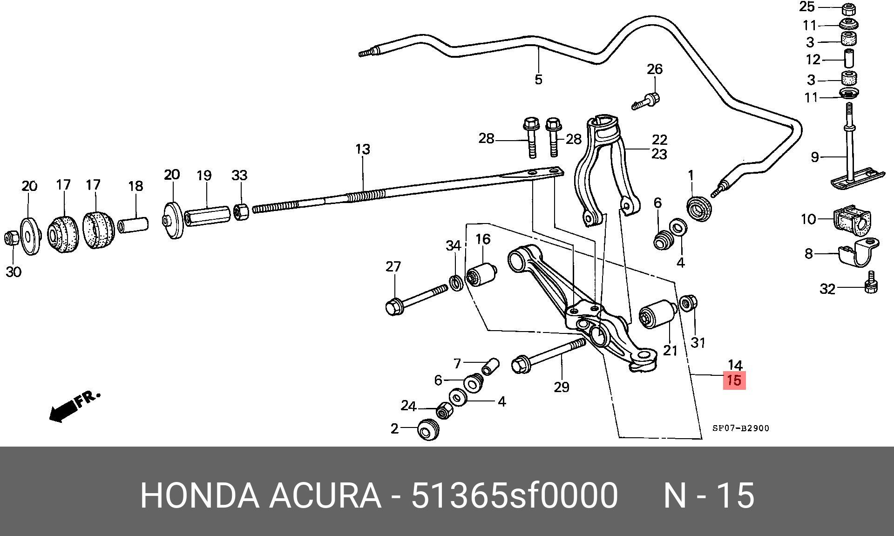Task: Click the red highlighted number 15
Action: (734, 380)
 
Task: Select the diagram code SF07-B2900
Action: (741, 428)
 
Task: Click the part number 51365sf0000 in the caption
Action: (515, 495)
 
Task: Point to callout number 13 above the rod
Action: (363, 149)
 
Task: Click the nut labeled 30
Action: (12, 238)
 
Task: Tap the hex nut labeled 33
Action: (241, 212)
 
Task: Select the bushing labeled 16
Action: (482, 275)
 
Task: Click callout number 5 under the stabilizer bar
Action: (538, 80)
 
